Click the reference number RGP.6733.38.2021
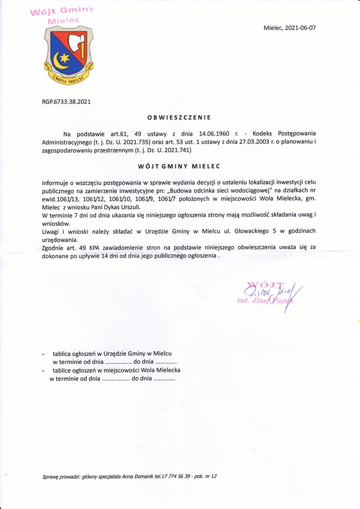coord(66,102)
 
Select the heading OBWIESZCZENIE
coord(179,118)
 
